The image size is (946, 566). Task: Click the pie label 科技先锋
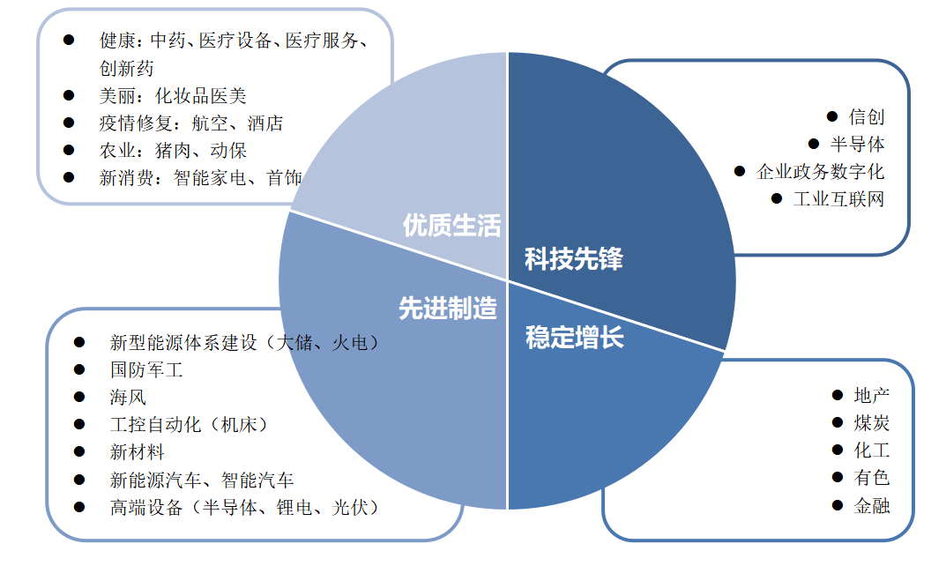[573, 259]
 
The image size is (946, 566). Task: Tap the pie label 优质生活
[451, 226]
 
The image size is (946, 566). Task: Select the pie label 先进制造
[448, 309]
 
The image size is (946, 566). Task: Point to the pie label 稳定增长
[575, 338]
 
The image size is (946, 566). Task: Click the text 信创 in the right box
[867, 116]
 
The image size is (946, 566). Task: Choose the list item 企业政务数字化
[820, 171]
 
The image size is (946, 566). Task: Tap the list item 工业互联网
[838, 198]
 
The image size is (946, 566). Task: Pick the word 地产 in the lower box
[872, 396]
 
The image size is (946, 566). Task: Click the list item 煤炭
[872, 423]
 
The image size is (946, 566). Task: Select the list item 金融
[872, 506]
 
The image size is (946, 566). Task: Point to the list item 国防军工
[146, 369]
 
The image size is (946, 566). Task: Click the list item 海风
[128, 397]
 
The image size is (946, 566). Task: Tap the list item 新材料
[137, 452]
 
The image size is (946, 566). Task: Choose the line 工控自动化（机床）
[189, 424]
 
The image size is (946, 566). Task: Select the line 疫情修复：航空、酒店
[191, 123]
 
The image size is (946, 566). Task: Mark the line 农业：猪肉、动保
[173, 150]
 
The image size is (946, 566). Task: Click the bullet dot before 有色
[838, 478]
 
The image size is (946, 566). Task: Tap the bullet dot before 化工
[838, 451]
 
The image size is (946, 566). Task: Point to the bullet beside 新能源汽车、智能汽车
[79, 480]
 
